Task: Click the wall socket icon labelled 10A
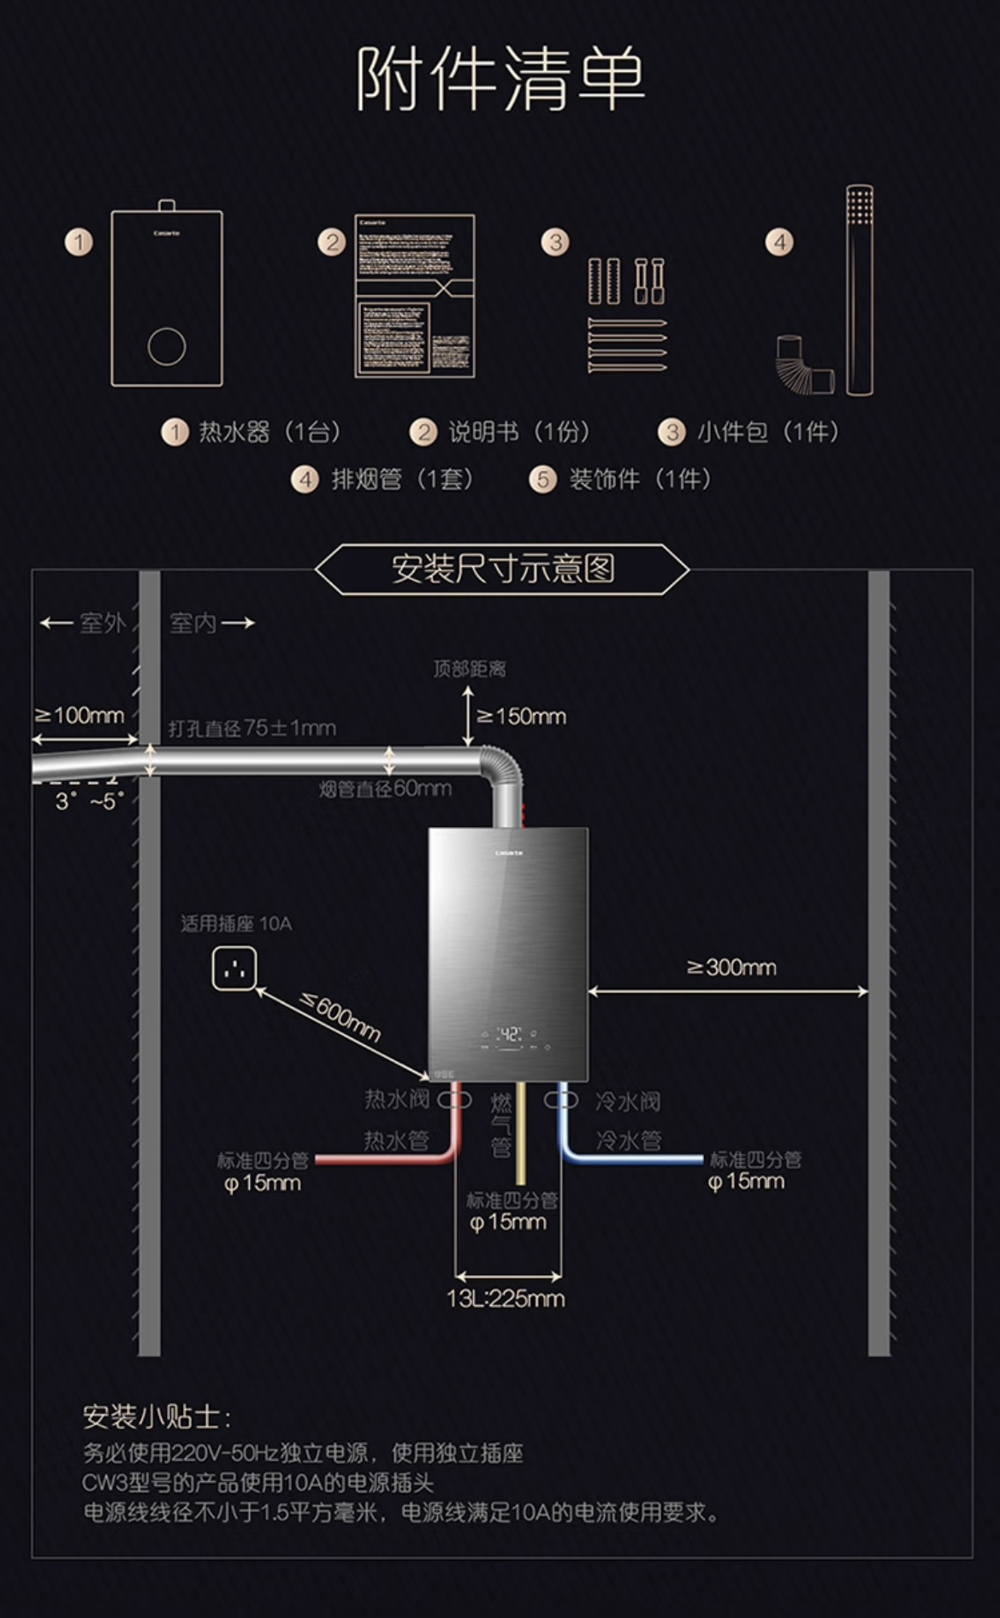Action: pos(234,969)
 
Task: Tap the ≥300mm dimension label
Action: pos(731,967)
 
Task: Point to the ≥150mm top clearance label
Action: pos(522,716)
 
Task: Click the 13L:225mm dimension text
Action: pos(506,1298)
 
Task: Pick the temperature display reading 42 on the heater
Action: pos(509,1034)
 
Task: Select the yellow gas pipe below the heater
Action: pos(520,1137)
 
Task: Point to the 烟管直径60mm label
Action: pos(385,788)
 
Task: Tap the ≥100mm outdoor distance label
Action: pos(80,715)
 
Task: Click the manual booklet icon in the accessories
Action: pos(415,296)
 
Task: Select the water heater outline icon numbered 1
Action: pos(167,296)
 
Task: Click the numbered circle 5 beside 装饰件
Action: pos(542,479)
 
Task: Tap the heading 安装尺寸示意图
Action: pos(503,569)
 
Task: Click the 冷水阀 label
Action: pos(628,1101)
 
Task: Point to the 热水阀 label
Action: pos(397,1099)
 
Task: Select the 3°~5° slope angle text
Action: pos(89,801)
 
